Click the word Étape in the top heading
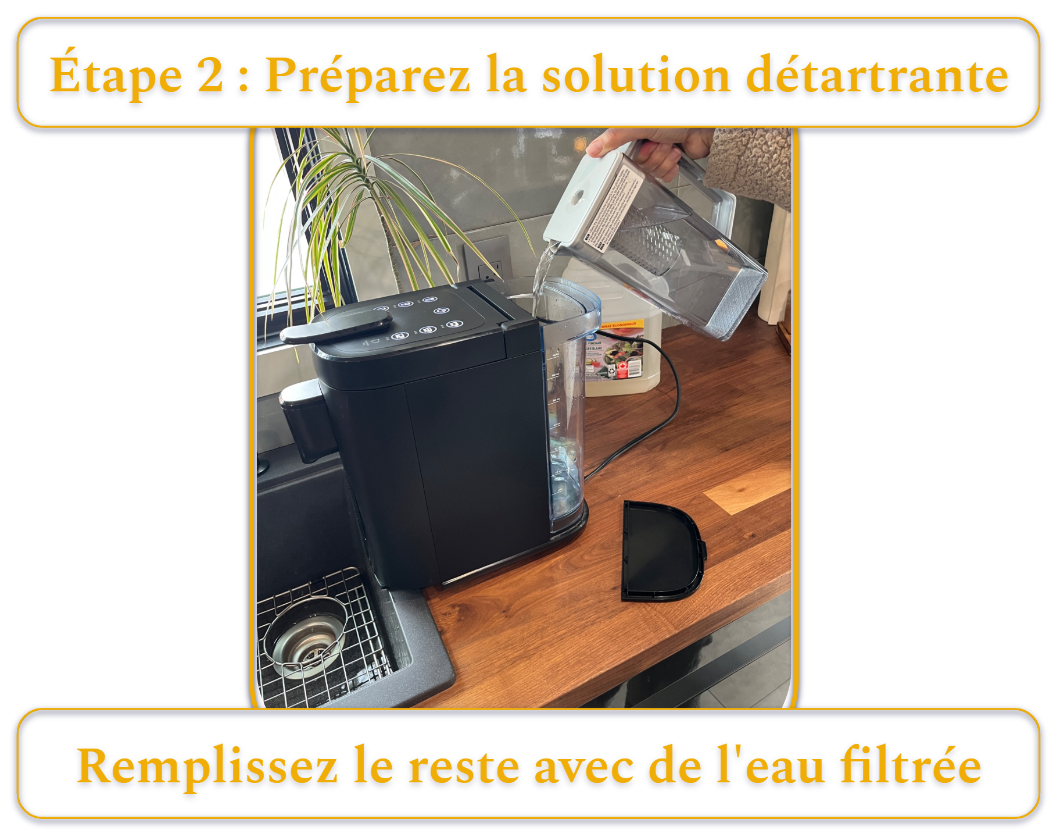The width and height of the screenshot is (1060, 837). click(x=116, y=76)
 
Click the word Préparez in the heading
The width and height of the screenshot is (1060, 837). click(x=367, y=76)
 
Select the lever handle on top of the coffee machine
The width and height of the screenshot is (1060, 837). click(x=337, y=326)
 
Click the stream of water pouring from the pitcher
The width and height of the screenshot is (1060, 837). click(x=544, y=268)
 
